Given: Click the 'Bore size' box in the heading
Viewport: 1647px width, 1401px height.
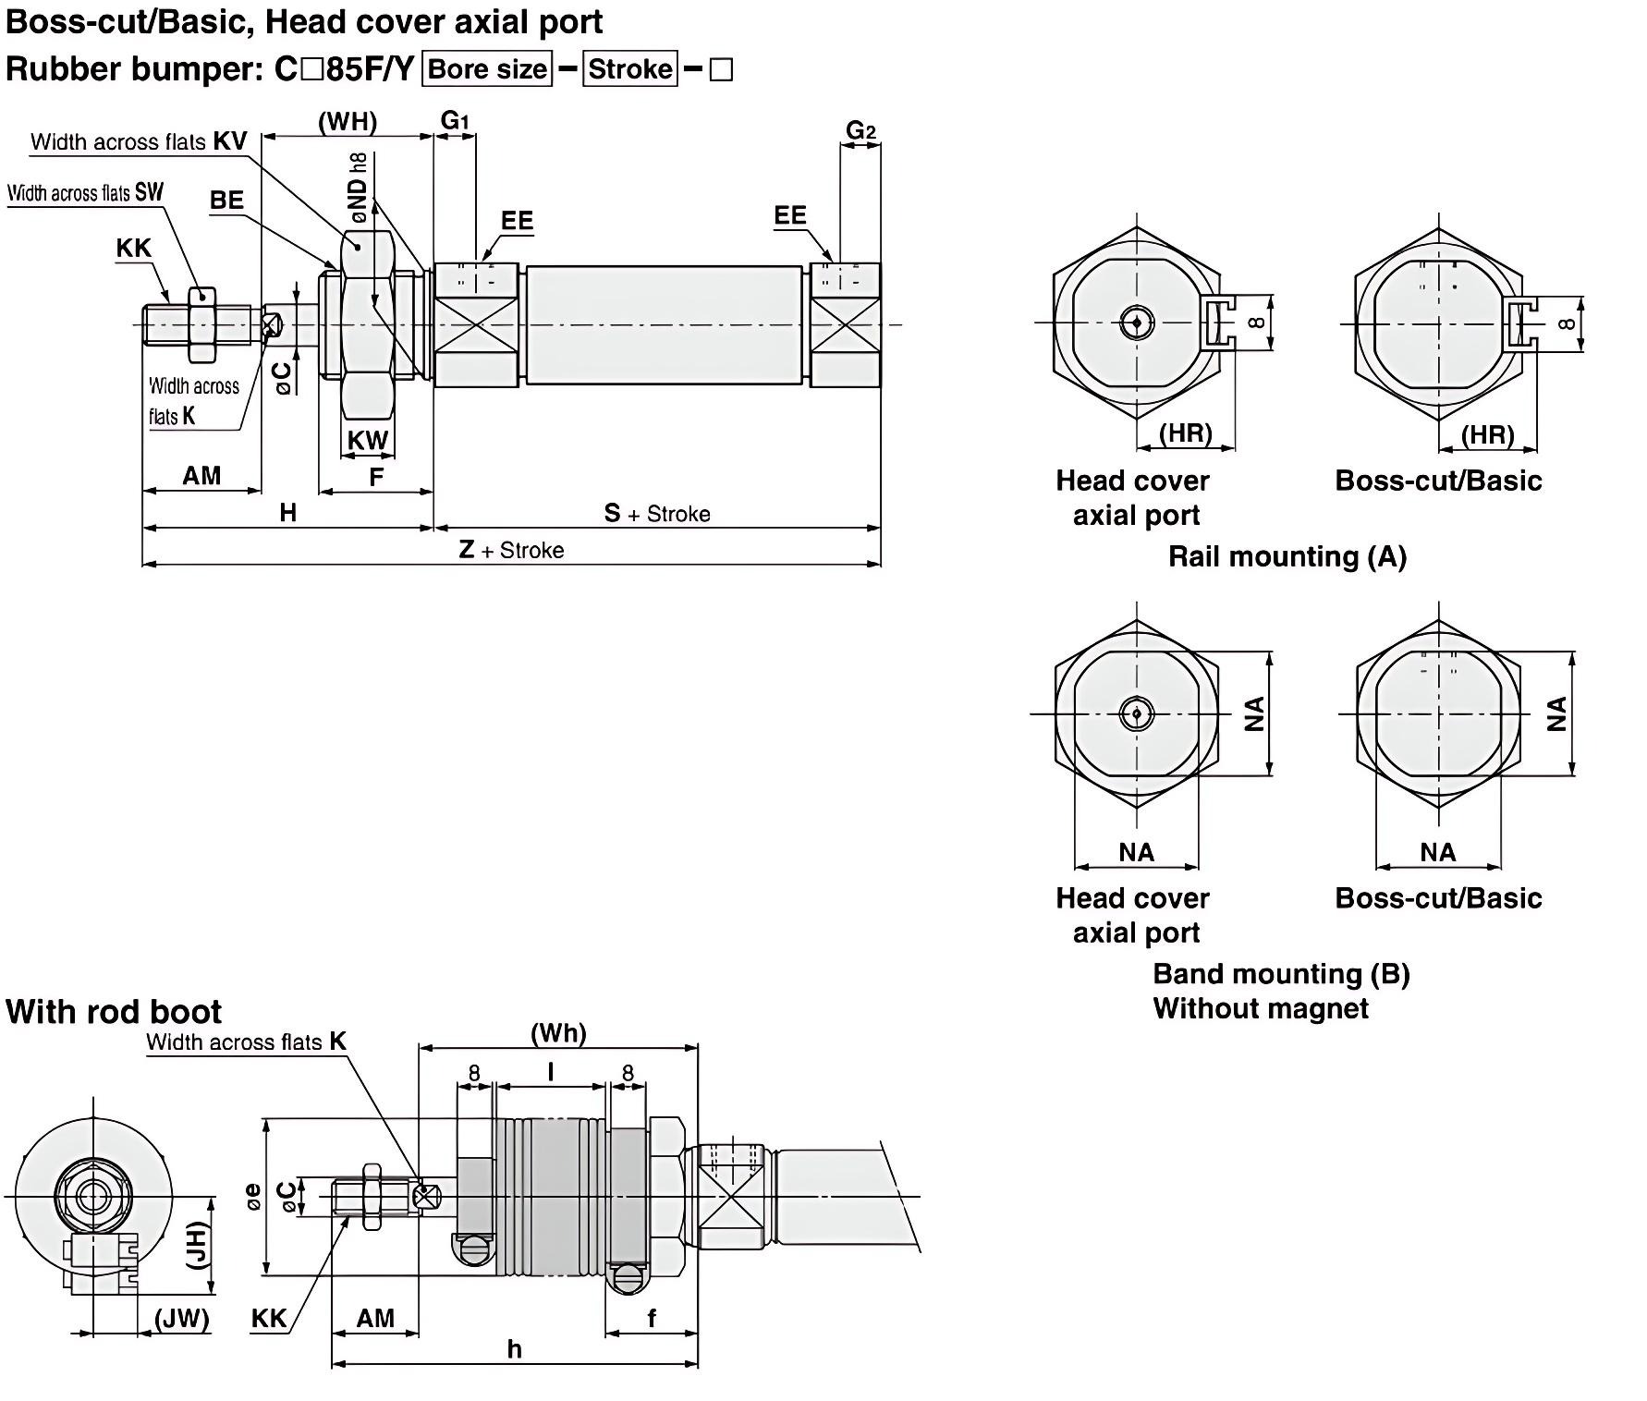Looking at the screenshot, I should click(x=487, y=69).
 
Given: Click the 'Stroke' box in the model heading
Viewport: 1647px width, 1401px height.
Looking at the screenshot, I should click(x=630, y=69).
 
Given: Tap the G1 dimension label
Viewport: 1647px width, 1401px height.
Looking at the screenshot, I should click(x=455, y=120).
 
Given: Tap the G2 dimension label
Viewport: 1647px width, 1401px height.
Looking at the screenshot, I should click(x=860, y=130).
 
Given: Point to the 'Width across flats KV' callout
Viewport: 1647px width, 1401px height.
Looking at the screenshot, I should click(x=139, y=141).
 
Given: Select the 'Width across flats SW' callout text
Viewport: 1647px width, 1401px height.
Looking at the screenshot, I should click(x=85, y=192).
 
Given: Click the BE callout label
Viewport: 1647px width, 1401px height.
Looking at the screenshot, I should click(x=226, y=200).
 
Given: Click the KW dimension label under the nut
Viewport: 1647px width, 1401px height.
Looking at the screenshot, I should click(x=368, y=441).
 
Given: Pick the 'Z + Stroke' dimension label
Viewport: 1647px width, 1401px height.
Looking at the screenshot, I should click(x=511, y=550).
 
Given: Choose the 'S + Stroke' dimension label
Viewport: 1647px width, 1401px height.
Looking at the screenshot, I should click(x=657, y=514).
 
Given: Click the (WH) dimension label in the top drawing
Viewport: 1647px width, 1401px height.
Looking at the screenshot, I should click(x=348, y=121).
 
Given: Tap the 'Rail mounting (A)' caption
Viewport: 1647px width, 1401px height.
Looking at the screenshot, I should click(x=1287, y=556).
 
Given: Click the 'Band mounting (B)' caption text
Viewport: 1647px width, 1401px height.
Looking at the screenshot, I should click(x=1281, y=974).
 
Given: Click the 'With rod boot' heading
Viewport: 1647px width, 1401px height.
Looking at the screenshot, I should click(x=114, y=1011).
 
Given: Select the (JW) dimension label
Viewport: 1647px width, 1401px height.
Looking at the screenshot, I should click(x=181, y=1318).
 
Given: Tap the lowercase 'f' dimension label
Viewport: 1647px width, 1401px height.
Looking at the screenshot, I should click(x=652, y=1318).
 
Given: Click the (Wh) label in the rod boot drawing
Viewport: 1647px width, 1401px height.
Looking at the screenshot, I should click(x=558, y=1032).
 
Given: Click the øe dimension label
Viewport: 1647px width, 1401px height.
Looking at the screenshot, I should click(x=252, y=1197).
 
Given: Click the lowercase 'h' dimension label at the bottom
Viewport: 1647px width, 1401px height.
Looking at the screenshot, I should click(x=515, y=1349).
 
